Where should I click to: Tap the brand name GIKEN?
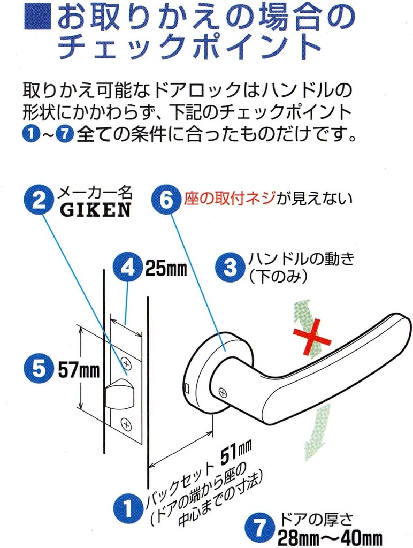tap(95, 210)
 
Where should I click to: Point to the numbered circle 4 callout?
tap(127, 268)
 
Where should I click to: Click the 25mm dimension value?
tap(166, 268)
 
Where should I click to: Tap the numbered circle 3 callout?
tap(230, 268)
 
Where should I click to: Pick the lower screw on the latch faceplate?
tap(127, 424)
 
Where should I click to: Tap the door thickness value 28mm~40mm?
tap(329, 537)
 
